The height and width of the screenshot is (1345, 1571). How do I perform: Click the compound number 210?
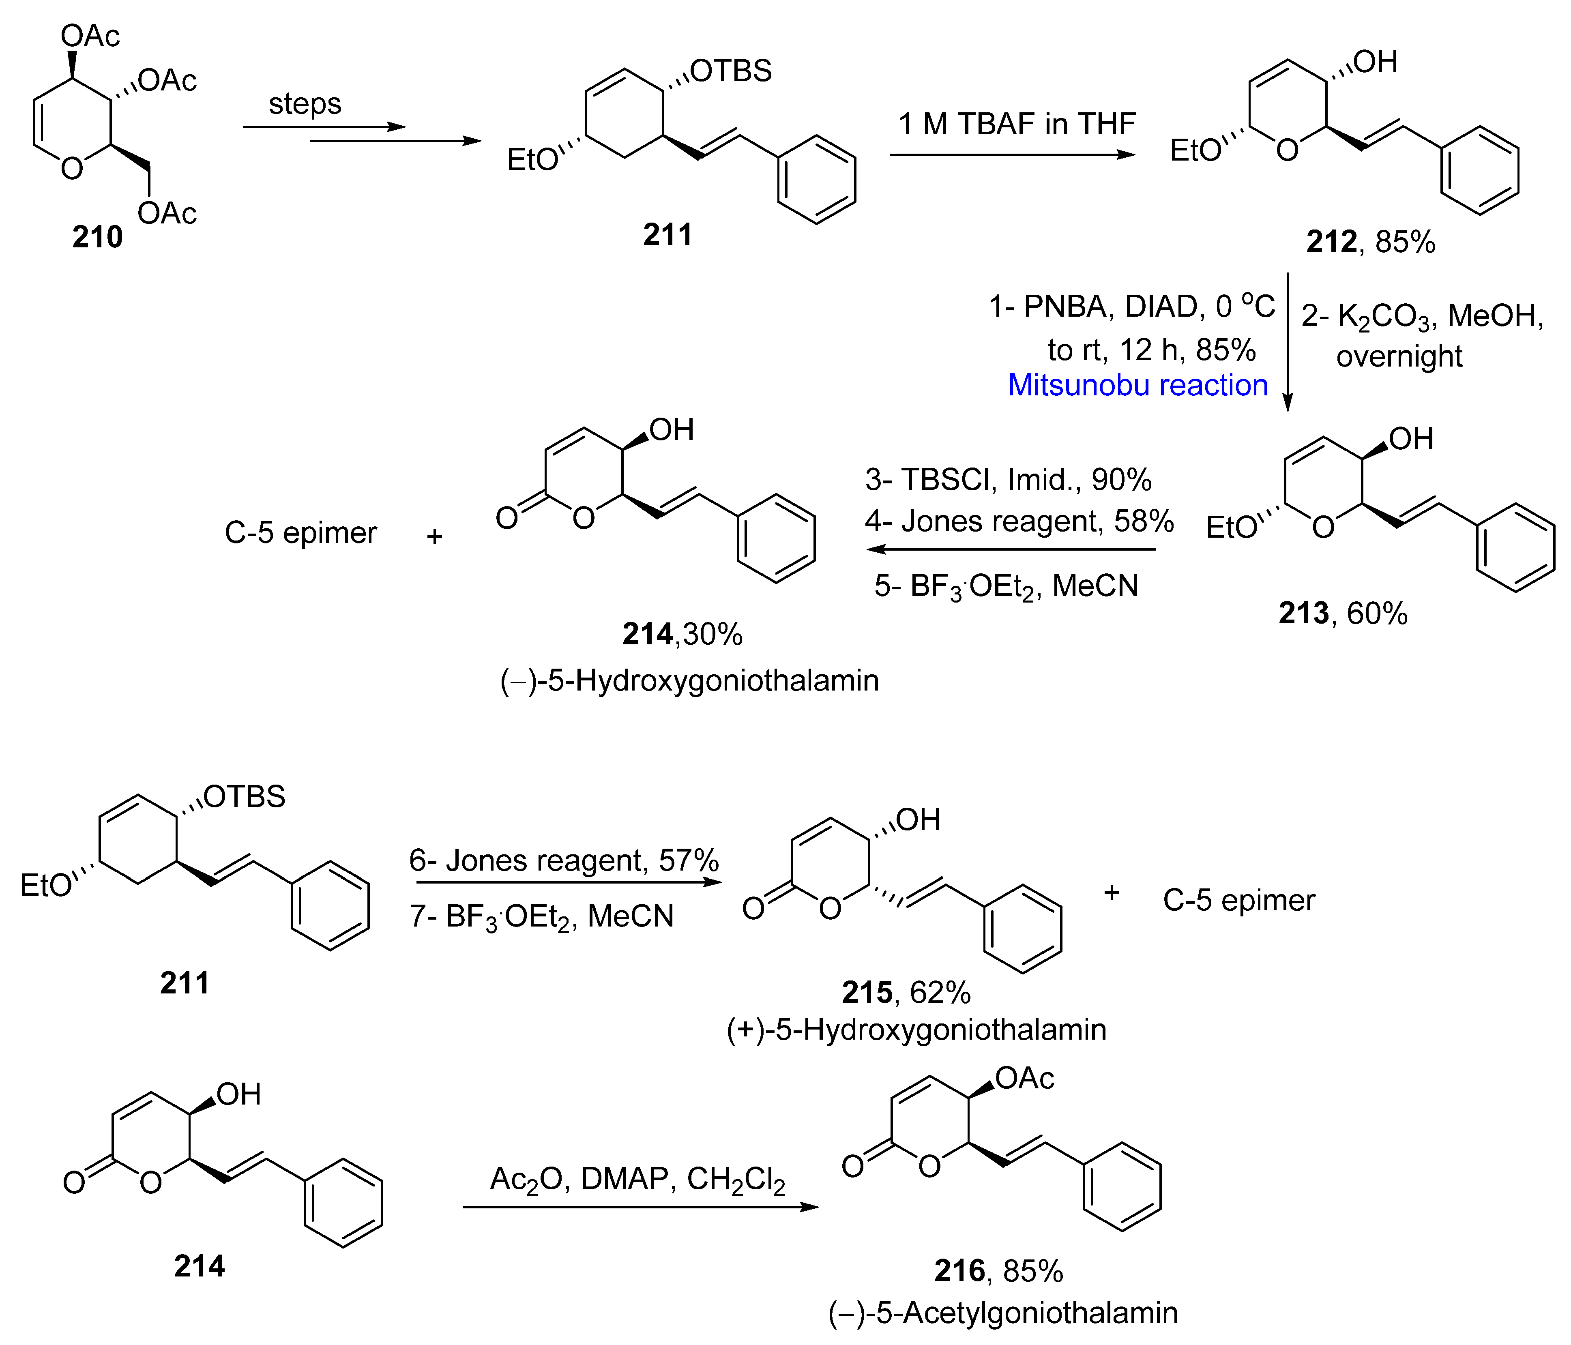pos(97,237)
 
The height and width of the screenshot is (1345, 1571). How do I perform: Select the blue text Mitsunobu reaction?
pos(1137,385)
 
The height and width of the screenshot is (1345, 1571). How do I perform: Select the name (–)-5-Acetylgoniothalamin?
pos(1002,1313)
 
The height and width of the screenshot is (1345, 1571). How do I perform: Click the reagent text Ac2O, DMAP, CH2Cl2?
pos(637,1180)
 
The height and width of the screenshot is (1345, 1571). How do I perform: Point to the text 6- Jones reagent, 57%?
pos(563,860)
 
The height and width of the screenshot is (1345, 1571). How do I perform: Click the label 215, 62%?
pos(906,993)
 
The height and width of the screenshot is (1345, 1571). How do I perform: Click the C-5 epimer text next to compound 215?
pos(1238,900)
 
